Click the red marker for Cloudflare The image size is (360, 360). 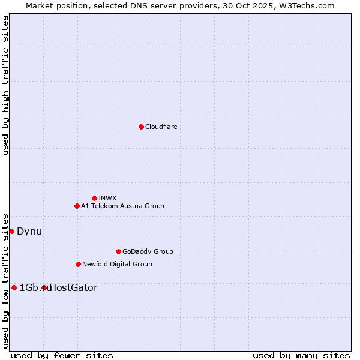point(141,127)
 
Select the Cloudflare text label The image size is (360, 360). point(161,127)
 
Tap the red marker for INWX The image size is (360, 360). point(94,198)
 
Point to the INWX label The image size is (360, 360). point(107,198)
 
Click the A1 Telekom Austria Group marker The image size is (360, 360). point(77,206)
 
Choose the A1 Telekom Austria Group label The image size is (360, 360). point(122,206)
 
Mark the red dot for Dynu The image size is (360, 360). point(11,231)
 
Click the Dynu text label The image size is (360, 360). point(29,231)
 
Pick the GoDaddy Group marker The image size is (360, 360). point(118,251)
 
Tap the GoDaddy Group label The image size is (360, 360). point(148,251)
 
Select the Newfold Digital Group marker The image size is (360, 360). point(78,264)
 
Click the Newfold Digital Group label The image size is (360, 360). point(117,264)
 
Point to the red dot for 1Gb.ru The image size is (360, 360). point(14,287)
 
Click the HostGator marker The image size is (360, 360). point(44,287)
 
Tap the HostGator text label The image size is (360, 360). point(73,287)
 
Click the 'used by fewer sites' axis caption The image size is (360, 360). point(62,355)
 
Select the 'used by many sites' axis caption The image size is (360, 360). point(301,355)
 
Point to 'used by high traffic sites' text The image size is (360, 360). point(5,85)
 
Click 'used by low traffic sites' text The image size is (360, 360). point(5,280)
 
